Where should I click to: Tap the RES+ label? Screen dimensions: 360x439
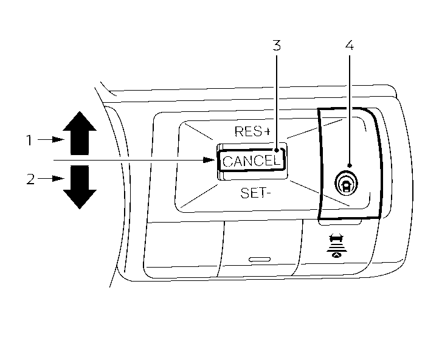coord(252,131)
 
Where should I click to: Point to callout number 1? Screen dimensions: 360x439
coord(29,140)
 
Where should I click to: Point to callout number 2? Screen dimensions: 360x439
coord(29,179)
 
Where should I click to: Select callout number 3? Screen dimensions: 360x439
coord(277,46)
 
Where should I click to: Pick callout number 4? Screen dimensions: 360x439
coord(348,46)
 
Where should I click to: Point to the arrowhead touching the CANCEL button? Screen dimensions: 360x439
coord(212,161)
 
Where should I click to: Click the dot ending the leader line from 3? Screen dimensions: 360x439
coord(277,150)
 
